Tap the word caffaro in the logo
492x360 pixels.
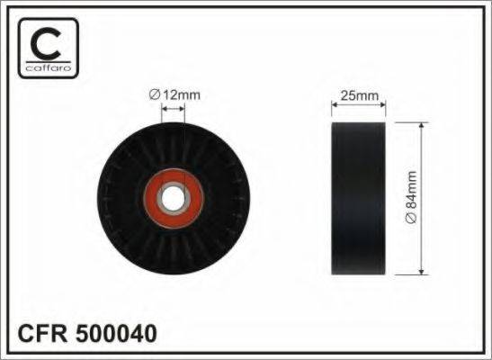pos(49,67)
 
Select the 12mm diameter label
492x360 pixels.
pos(174,94)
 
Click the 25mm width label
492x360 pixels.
pos(360,95)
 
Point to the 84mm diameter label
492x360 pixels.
pos(411,197)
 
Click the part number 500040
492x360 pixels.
pos(116,333)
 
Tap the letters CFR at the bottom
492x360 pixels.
pos(43,333)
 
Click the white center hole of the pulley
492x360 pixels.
pos(173,198)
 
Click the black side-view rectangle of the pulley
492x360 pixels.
pos(359,198)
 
